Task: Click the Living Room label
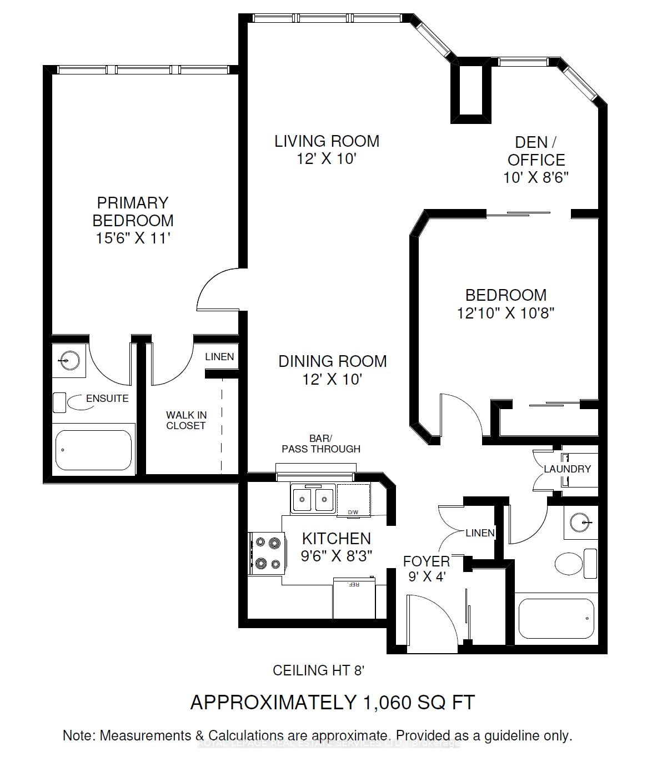(327, 141)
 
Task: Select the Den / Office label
(536, 151)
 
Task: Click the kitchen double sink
(312, 499)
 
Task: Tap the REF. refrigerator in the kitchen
(354, 598)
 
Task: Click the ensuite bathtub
(94, 450)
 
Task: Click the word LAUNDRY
(567, 469)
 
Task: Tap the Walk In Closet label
(185, 420)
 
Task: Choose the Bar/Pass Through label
(321, 444)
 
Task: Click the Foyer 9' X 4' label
(426, 569)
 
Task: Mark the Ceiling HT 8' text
(318, 670)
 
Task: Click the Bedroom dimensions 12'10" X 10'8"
(505, 313)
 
